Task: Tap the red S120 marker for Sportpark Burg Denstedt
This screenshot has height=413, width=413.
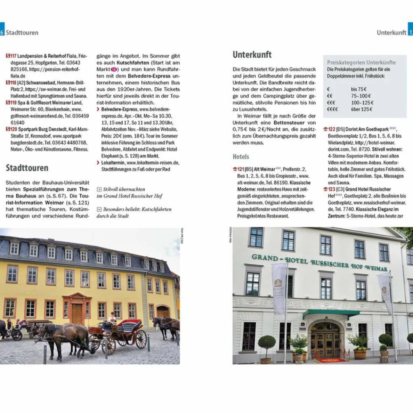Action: (11, 129)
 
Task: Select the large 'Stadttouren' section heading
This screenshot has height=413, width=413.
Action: (27, 168)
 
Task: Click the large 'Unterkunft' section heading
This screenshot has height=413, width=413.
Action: (252, 55)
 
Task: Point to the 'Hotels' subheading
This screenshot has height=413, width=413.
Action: (241, 156)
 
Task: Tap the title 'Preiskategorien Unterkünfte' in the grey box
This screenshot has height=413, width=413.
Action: (361, 63)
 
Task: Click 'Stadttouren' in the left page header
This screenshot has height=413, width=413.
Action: (22, 33)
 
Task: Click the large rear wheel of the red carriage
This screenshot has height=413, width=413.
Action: (141, 339)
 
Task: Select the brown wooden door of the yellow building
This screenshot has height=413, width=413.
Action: (77, 313)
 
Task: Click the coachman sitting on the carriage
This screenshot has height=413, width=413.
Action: (111, 319)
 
